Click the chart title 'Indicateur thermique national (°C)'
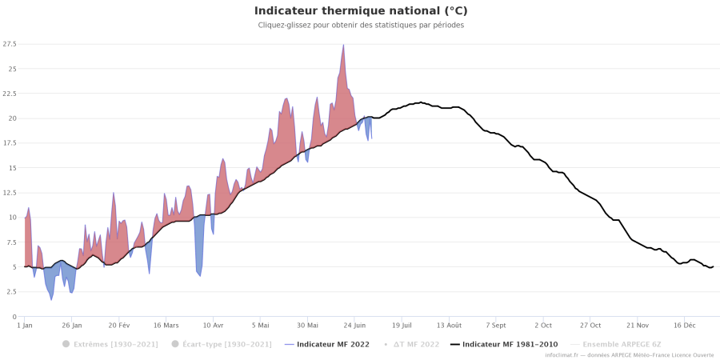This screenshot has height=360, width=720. pyautogui.click(x=360, y=11)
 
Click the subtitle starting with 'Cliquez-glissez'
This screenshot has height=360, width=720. pyautogui.click(x=360, y=26)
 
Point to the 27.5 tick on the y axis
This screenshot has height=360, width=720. pyautogui.click(x=10, y=44)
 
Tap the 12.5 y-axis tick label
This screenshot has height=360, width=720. pyautogui.click(x=10, y=193)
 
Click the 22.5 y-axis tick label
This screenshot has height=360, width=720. pyautogui.click(x=10, y=94)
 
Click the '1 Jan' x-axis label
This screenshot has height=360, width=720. pyautogui.click(x=25, y=326)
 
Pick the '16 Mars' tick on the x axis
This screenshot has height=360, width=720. pyautogui.click(x=166, y=326)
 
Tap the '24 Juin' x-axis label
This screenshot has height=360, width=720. pyautogui.click(x=354, y=326)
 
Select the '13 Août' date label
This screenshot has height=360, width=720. pyautogui.click(x=449, y=326)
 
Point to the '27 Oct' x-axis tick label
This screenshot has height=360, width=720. pyautogui.click(x=590, y=326)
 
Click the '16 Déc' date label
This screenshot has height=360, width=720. pyautogui.click(x=684, y=326)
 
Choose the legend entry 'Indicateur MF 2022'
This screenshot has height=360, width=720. pyautogui.click(x=330, y=344)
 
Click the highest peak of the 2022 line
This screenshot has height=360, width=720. pyautogui.click(x=343, y=45)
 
